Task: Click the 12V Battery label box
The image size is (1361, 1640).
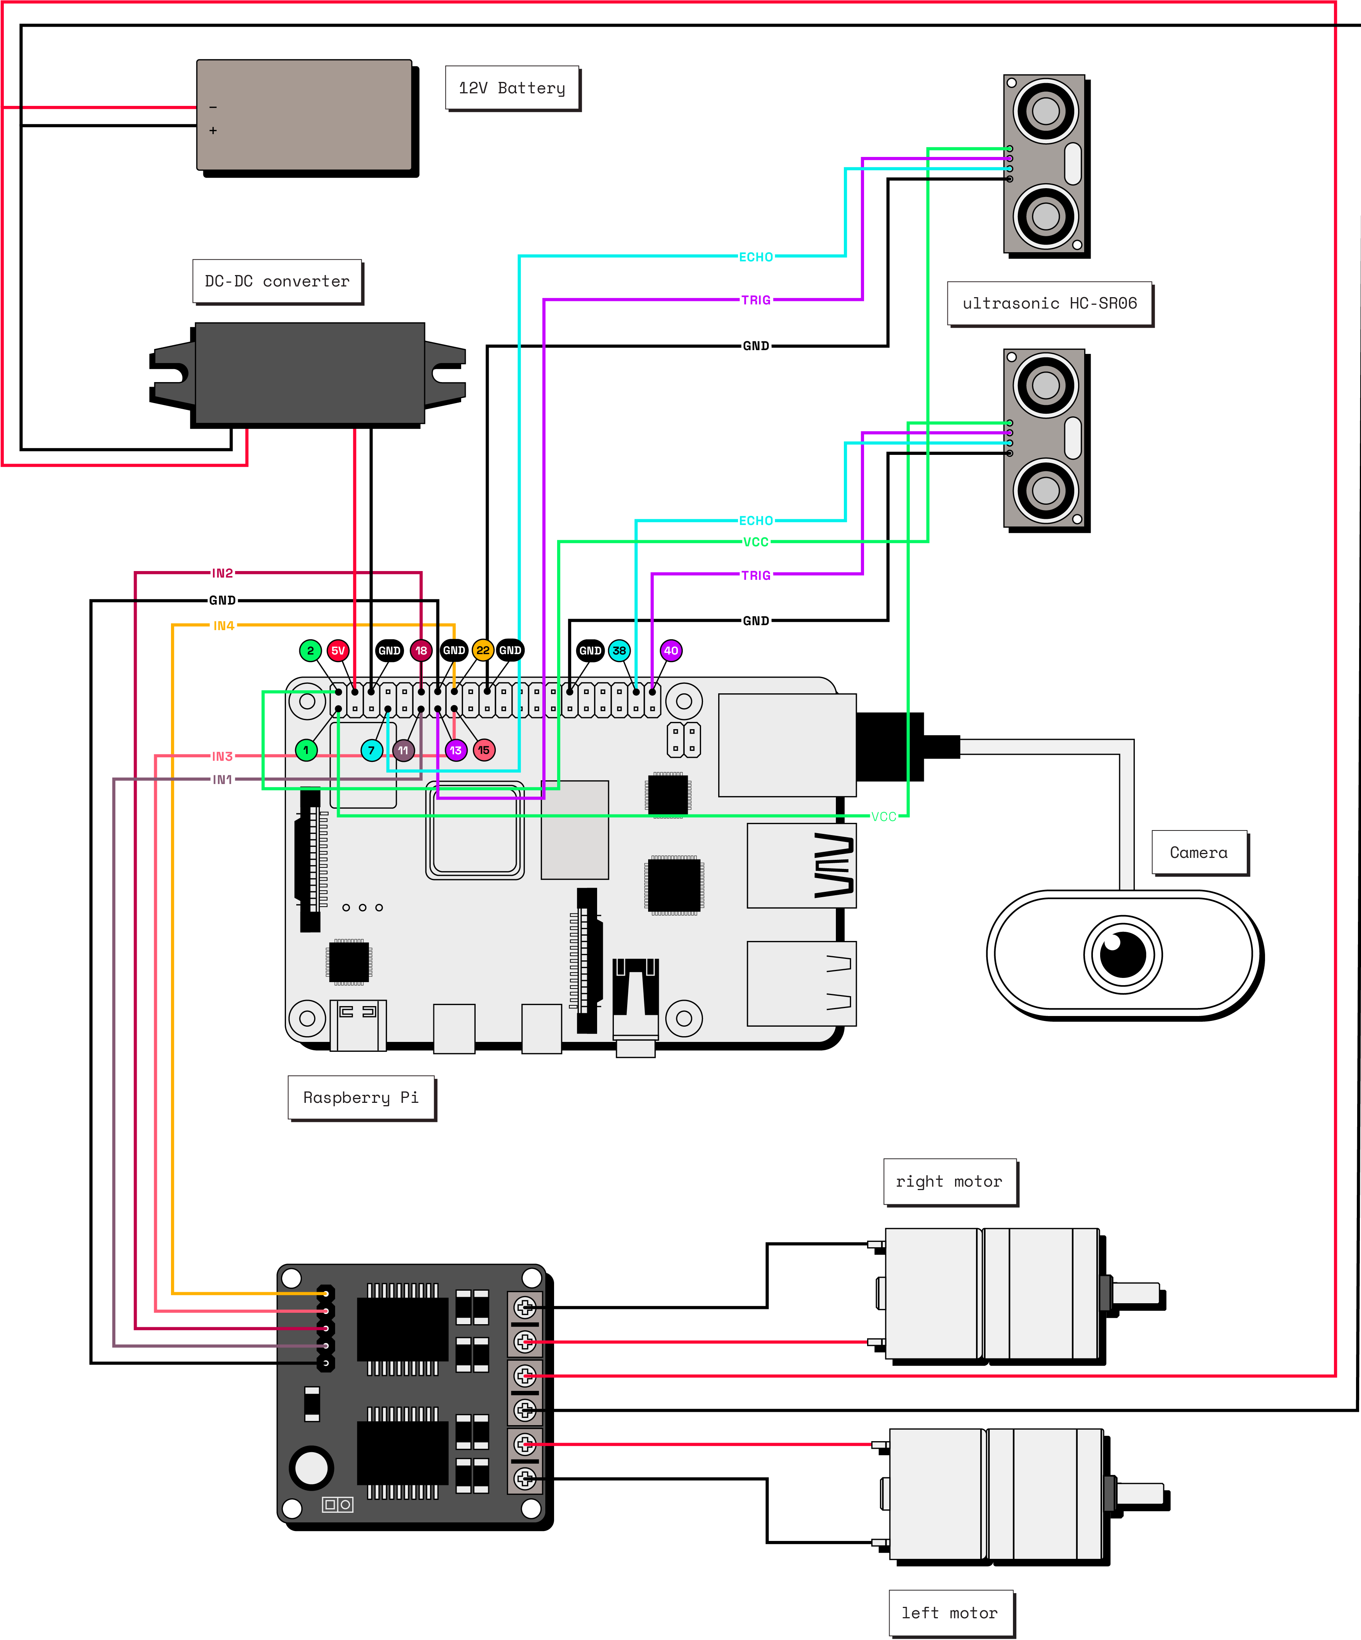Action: coord(512,88)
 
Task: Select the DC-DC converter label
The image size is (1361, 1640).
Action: coord(277,281)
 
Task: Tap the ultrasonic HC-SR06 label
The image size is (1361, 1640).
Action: coord(1050,303)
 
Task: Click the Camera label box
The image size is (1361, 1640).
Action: coord(1198,853)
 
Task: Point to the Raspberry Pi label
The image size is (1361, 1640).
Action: coord(361,1097)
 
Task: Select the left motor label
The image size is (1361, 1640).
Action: coord(950,1613)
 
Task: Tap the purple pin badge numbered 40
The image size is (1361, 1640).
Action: coord(671,651)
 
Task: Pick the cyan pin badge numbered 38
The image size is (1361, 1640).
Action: coord(619,651)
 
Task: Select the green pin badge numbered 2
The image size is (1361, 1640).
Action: coord(310,651)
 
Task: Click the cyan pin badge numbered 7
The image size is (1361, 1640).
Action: coord(372,750)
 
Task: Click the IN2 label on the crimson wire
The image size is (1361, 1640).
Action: coord(222,573)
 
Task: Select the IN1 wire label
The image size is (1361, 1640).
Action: coord(222,779)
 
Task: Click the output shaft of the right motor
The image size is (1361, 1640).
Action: coord(1136,1294)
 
